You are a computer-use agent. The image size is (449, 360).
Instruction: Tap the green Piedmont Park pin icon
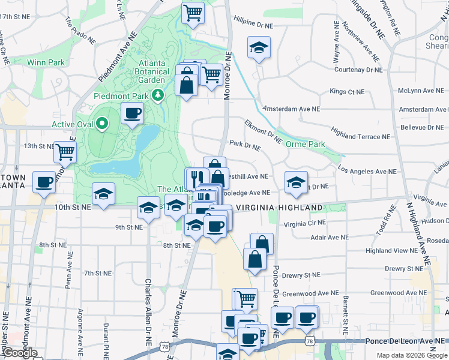157,95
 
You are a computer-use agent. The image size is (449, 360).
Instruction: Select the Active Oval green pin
102,124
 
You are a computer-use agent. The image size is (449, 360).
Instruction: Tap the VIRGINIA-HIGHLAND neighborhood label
279,208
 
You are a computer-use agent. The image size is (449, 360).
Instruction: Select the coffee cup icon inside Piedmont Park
132,112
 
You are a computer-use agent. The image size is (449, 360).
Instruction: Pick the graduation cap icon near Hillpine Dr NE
259,47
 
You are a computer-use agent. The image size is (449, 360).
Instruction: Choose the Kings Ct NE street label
347,92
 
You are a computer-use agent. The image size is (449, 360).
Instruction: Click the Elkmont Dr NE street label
263,131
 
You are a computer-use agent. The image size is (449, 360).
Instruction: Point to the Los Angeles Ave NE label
367,171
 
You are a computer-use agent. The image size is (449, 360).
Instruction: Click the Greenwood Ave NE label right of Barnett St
393,293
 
